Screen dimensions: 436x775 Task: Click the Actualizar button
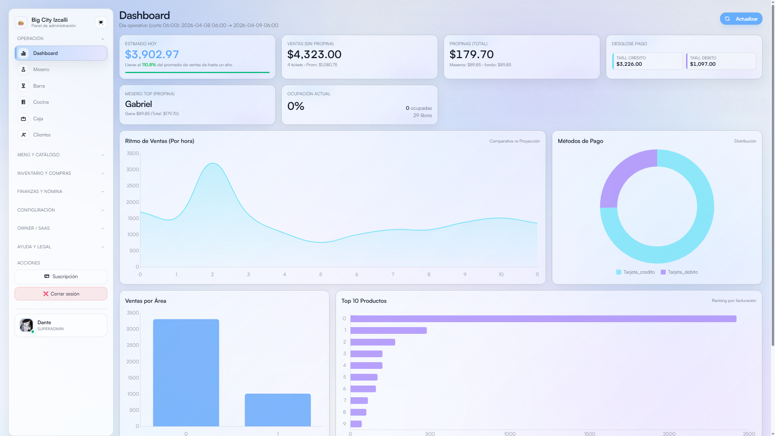pos(741,19)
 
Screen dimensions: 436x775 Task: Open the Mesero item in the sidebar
pos(41,69)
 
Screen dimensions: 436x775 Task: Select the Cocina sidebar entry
pos(41,102)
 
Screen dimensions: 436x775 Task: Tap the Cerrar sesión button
pos(61,294)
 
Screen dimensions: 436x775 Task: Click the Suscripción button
pos(61,277)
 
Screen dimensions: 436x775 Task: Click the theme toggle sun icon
pos(101,22)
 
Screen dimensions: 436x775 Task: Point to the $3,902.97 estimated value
pos(152,54)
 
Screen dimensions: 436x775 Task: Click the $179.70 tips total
pos(471,54)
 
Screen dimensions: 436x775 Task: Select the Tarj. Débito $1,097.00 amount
pos(703,64)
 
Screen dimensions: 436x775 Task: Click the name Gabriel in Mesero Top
pos(138,104)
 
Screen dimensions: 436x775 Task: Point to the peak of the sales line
pos(213,163)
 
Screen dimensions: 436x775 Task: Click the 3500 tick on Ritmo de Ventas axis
pos(132,153)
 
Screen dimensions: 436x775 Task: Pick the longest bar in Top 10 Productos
pos(543,319)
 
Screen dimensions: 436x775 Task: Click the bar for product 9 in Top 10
pos(356,424)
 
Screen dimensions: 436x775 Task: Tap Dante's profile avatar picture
pos(27,325)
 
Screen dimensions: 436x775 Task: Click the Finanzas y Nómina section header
pos(40,191)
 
